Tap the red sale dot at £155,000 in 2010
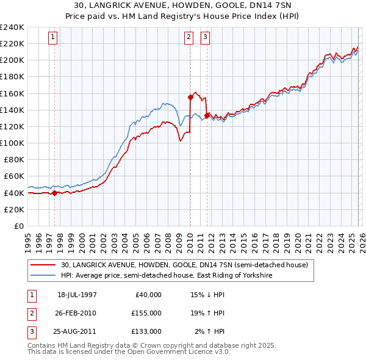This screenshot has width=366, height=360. [190, 97]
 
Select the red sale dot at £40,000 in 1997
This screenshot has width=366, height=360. [55, 193]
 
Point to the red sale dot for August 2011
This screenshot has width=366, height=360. [207, 115]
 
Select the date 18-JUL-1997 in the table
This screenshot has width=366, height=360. [77, 294]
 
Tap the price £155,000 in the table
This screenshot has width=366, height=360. [146, 312]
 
